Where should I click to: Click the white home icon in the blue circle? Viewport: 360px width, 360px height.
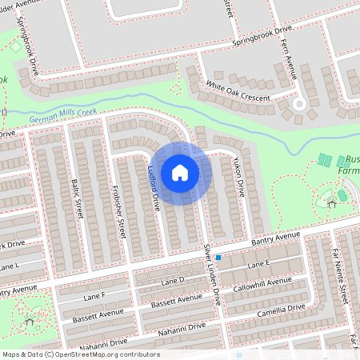click(x=180, y=172)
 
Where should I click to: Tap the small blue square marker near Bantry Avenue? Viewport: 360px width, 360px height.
click(x=218, y=258)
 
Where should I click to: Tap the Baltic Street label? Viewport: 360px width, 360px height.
click(x=78, y=195)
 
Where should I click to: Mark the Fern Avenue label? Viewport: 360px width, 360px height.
click(x=290, y=60)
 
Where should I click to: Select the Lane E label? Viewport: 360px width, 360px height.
click(x=260, y=264)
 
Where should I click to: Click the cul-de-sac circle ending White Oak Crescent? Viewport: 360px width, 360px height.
click(x=300, y=103)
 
